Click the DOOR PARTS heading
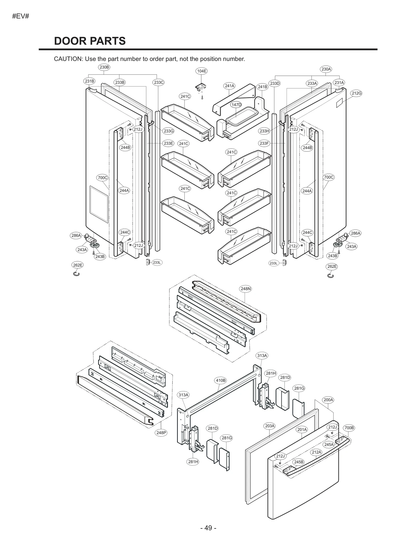coord(90,41)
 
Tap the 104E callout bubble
coord(201,71)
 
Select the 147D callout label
coord(236,105)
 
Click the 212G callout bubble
coord(356,93)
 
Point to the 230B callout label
coord(104,67)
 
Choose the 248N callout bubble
coord(246,289)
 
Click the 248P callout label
coord(161,433)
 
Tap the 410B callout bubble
coord(220,380)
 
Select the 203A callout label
coord(270,426)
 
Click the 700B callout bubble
coord(349,428)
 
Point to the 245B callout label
coord(298,462)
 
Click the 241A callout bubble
coord(229,86)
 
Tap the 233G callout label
coord(168,131)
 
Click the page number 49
coord(208,528)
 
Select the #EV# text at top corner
coord(21,16)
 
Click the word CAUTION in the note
coord(68,59)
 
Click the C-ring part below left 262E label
coord(76,274)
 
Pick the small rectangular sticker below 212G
coord(339,103)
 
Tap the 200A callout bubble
coord(328,400)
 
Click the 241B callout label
coord(262,87)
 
